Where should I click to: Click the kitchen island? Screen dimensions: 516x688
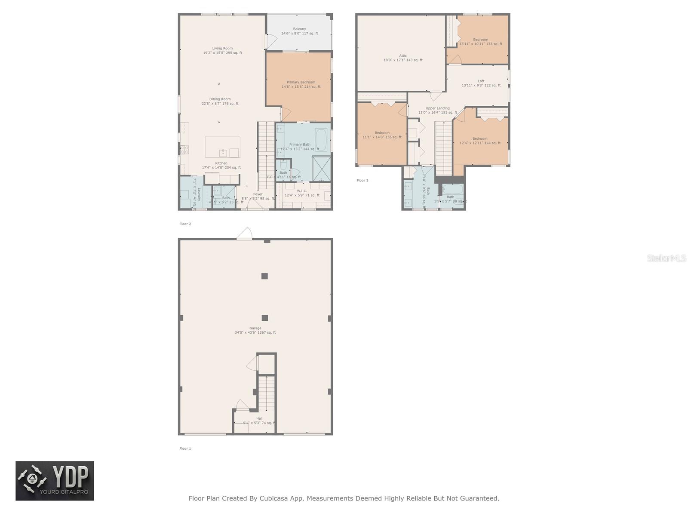point(222,147)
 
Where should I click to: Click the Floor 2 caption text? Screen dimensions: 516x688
point(185,224)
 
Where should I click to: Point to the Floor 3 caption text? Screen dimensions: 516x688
point(362,181)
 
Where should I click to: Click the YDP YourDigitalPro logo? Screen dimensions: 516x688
point(55,481)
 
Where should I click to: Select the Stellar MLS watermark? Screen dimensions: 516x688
point(666,258)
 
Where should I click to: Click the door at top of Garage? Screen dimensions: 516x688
point(244,234)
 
